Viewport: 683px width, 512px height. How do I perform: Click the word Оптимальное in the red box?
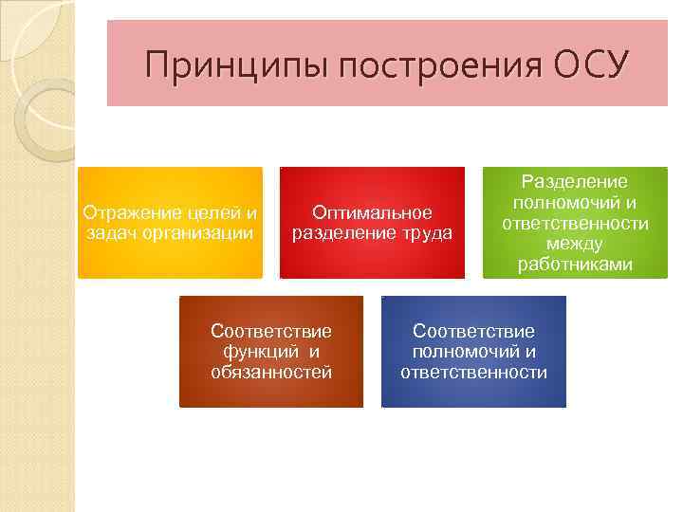tap(372, 213)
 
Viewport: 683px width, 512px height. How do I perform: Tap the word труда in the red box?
tap(430, 233)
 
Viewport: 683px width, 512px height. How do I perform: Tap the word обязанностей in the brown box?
tap(271, 372)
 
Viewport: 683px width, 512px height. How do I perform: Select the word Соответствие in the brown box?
tap(271, 331)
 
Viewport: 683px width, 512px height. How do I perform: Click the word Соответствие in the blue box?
tap(473, 331)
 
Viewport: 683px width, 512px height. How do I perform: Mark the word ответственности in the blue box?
tap(473, 372)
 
